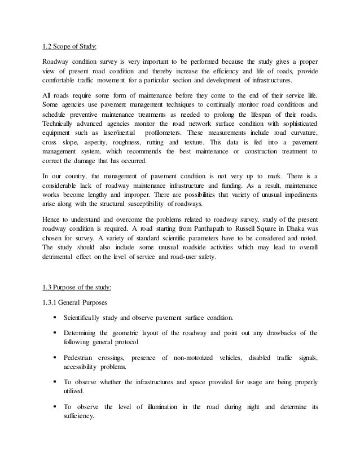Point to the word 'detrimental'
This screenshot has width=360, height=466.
click(59, 256)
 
